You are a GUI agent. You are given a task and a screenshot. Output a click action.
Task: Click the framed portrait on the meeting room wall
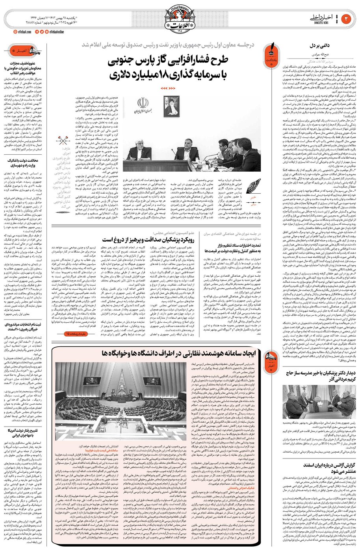171,106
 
